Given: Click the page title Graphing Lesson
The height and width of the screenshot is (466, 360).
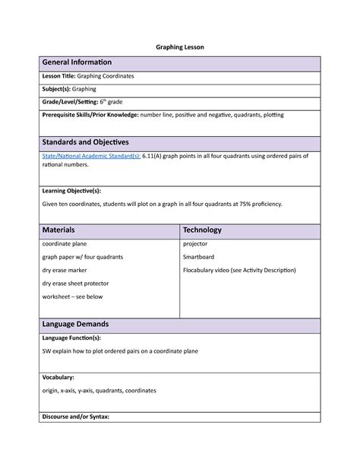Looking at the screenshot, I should coord(180,46).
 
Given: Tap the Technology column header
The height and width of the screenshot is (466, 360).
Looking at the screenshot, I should coord(202,230).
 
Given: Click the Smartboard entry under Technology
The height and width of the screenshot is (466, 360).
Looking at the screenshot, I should coord(198,257).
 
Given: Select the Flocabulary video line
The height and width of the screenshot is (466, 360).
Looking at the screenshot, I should coord(239,270).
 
